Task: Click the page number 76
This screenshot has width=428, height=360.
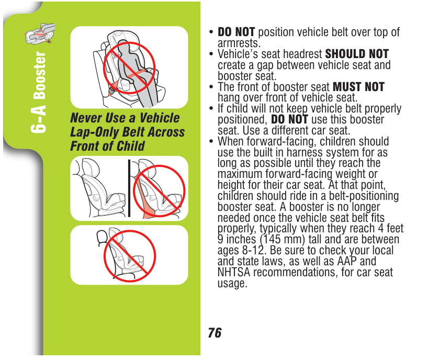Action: click(x=215, y=333)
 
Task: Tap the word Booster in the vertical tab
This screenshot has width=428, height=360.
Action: click(x=40, y=75)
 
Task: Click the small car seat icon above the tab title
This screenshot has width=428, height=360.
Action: click(x=40, y=33)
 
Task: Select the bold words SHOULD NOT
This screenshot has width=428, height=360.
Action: click(x=357, y=54)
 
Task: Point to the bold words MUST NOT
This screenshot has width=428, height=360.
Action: click(x=358, y=87)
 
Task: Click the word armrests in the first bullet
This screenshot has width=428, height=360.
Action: click(x=239, y=43)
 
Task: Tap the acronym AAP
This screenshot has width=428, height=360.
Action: click(x=347, y=261)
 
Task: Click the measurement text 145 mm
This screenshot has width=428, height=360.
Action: click(x=282, y=239)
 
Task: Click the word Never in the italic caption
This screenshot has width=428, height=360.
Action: click(x=86, y=118)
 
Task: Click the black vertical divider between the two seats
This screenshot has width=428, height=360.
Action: click(x=129, y=188)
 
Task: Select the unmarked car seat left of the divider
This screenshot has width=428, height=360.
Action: click(x=99, y=188)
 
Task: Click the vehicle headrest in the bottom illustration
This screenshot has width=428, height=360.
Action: click(x=101, y=237)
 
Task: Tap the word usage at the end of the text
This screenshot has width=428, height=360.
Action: click(x=232, y=284)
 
